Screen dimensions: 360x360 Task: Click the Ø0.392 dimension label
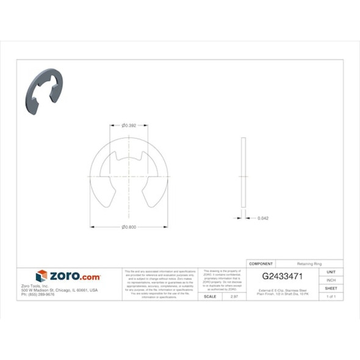point(128,126)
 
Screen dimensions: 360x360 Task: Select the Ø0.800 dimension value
point(128,227)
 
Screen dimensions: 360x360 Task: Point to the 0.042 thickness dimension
point(263,218)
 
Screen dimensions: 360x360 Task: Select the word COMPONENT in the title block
point(261,264)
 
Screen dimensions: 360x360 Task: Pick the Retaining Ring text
point(309,264)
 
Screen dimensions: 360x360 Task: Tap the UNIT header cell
point(331,272)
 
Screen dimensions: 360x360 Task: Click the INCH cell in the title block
point(331,280)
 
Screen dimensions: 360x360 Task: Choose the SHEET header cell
point(331,288)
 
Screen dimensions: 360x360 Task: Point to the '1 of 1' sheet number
point(331,296)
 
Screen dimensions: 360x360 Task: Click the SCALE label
point(209,296)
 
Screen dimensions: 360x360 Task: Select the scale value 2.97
point(233,296)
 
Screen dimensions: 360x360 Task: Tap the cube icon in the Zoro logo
point(41,276)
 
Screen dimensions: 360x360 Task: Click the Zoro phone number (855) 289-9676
point(38,294)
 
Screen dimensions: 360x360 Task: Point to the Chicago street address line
point(60,290)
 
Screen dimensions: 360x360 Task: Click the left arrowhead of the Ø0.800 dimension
point(92,227)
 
